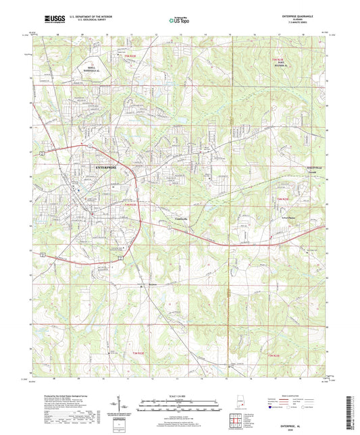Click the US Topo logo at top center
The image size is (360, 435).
[178, 20]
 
